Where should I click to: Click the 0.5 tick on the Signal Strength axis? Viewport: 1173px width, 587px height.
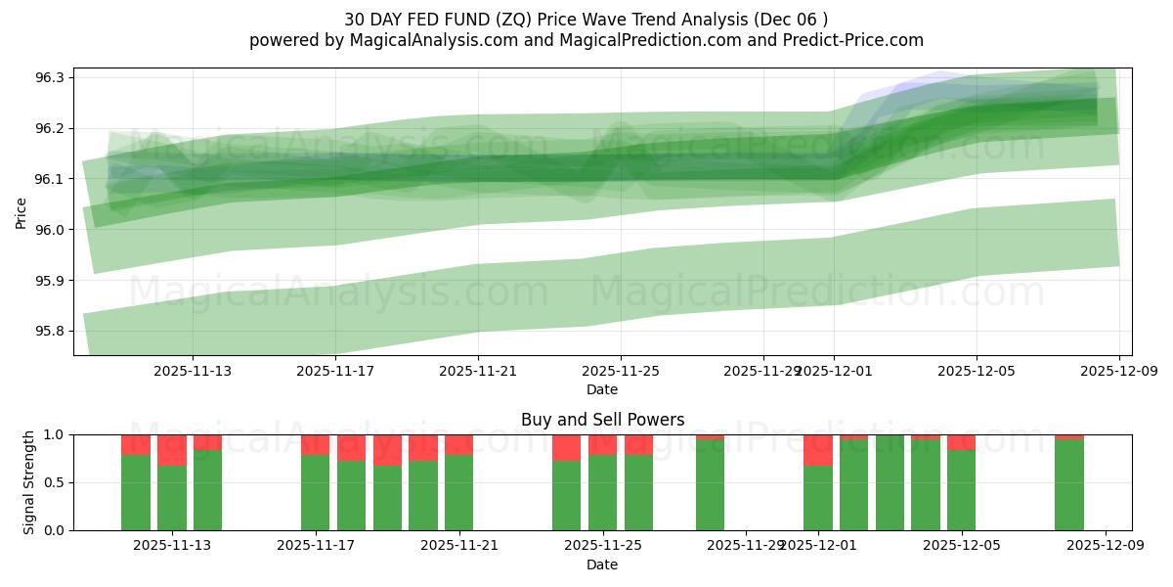(55, 482)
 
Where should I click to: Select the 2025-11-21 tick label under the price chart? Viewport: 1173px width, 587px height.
(478, 371)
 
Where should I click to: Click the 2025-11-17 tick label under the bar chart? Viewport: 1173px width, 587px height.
(316, 546)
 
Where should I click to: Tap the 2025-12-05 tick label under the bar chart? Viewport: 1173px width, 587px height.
(962, 546)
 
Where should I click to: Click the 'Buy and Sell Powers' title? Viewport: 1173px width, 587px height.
(602, 420)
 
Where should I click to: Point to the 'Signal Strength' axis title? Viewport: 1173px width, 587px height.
(29, 482)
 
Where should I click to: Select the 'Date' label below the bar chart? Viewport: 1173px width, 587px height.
(602, 564)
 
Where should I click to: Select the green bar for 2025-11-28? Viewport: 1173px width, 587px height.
(711, 485)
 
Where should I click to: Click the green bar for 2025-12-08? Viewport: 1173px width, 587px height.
(1069, 485)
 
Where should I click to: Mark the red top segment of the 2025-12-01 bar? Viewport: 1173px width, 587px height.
(818, 450)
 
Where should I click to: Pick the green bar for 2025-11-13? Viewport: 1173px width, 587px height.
(207, 490)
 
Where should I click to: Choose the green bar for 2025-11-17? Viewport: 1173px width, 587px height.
(316, 493)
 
